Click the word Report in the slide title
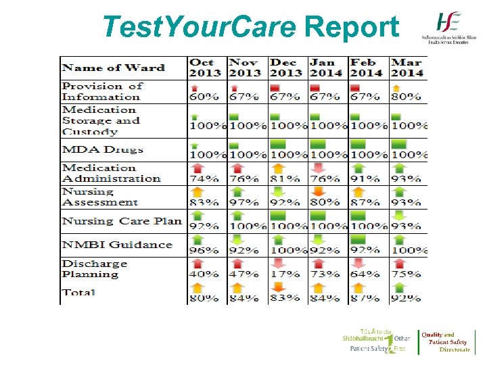pos(352,27)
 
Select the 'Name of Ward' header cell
pos(113,68)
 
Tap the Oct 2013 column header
pos(205,68)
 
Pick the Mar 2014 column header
pos(407,68)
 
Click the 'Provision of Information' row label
pos(102,91)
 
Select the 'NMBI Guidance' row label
pos(117,245)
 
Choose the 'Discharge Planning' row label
pos(95,268)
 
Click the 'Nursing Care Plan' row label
pos(122,221)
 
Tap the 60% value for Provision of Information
pos(204,97)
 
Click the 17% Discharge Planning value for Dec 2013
pos(284,274)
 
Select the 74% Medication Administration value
pos(204,179)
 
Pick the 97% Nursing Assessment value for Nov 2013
pos(244,202)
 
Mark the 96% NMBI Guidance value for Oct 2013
pos(204,250)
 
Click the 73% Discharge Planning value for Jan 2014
pos(325,274)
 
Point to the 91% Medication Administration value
pos(365,179)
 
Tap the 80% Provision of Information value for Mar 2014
pos(407,97)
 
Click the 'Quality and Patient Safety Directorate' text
pos(447,342)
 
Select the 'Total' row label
pos(78,293)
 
